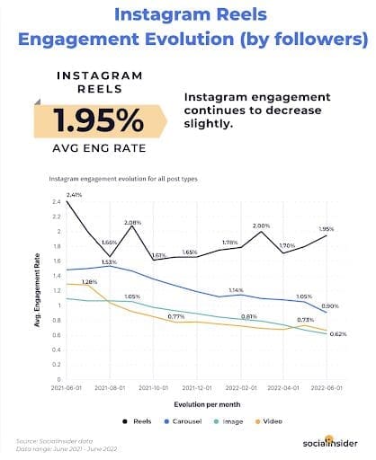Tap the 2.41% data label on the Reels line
(x=73, y=194)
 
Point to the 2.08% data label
(x=133, y=222)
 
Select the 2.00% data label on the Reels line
(x=261, y=226)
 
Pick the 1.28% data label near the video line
(x=89, y=282)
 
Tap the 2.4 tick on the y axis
(x=56, y=202)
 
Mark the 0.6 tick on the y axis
(x=56, y=335)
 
